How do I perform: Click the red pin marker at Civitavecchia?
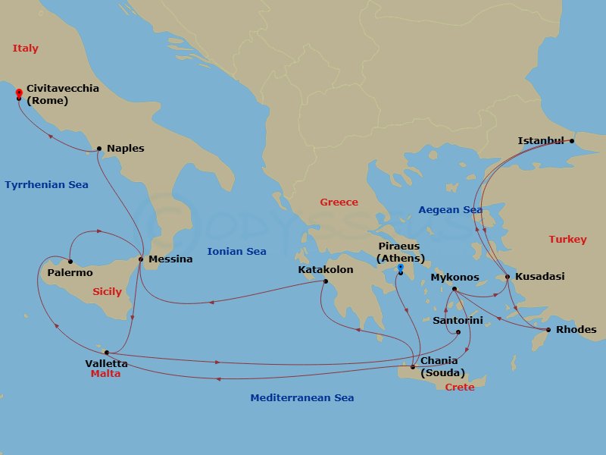[18, 93]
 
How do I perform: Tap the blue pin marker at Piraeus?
[400, 268]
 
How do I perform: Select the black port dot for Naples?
[99, 149]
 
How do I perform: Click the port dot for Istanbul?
[572, 140]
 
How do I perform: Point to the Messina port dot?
[141, 259]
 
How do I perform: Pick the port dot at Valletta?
[107, 352]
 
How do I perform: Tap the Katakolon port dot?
[326, 282]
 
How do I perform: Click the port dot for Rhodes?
[548, 330]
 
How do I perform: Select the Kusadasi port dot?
[508, 277]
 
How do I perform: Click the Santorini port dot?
[458, 331]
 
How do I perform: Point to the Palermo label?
[70, 273]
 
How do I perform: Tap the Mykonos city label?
[454, 278]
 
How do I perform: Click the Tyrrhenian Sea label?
[46, 185]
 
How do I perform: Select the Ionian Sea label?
[236, 252]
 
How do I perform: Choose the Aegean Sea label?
[451, 210]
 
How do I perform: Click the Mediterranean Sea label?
[302, 398]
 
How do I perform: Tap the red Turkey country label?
[567, 240]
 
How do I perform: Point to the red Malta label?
[105, 374]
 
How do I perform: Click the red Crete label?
[460, 388]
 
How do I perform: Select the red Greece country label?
[339, 202]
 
